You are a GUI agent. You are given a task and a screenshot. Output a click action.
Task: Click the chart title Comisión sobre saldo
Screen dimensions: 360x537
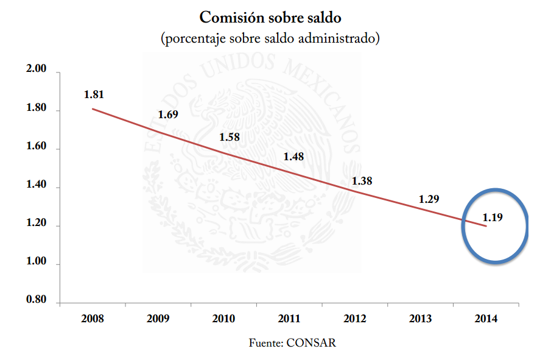(270, 17)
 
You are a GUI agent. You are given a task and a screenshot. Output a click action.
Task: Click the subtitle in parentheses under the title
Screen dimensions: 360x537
(270, 39)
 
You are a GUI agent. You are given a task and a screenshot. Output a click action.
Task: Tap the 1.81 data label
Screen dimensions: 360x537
(94, 94)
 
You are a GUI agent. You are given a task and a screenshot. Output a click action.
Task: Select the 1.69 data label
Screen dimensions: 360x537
(167, 115)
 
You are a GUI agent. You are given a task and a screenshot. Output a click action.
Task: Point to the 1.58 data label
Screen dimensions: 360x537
(229, 137)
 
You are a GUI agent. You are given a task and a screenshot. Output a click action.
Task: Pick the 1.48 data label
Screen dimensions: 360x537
(293, 157)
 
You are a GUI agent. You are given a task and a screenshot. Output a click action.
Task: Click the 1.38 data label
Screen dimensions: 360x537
(362, 181)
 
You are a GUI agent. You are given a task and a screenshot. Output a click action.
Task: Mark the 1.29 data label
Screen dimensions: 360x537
(429, 199)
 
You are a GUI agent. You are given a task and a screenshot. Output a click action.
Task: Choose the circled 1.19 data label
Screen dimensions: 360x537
(493, 217)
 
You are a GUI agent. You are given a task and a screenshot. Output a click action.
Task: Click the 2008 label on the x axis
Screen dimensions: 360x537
(92, 319)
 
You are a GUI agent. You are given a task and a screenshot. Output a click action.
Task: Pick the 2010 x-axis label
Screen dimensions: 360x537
(223, 319)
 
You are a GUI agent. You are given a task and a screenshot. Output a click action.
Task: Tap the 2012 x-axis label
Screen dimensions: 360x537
(355, 319)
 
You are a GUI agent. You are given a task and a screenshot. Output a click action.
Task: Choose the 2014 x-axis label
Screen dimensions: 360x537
(486, 319)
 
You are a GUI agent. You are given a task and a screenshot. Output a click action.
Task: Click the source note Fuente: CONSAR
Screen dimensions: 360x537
(293, 343)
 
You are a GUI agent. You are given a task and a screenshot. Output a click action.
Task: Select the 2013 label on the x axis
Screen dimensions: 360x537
(421, 319)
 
